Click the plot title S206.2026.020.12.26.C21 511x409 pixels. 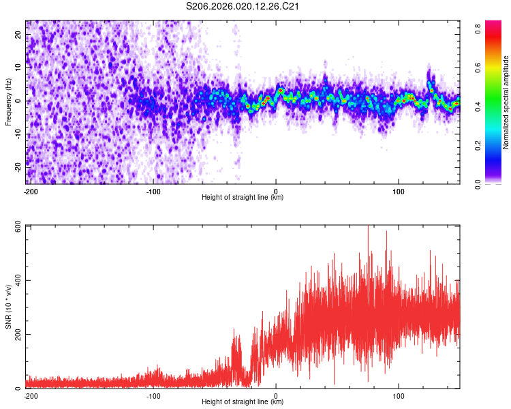coord(243,7)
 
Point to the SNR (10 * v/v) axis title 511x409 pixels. coord(9,307)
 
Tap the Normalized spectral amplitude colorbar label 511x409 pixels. coord(506,102)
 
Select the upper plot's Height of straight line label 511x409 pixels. coord(243,197)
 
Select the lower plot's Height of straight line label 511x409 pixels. coord(243,402)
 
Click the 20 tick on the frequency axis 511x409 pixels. coord(19,35)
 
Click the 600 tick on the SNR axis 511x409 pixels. coord(16,226)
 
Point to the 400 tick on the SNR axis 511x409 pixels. coord(16,280)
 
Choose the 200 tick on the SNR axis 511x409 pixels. coord(16,335)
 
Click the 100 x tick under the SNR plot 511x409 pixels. coord(399,395)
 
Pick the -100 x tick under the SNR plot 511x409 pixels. coord(153,395)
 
